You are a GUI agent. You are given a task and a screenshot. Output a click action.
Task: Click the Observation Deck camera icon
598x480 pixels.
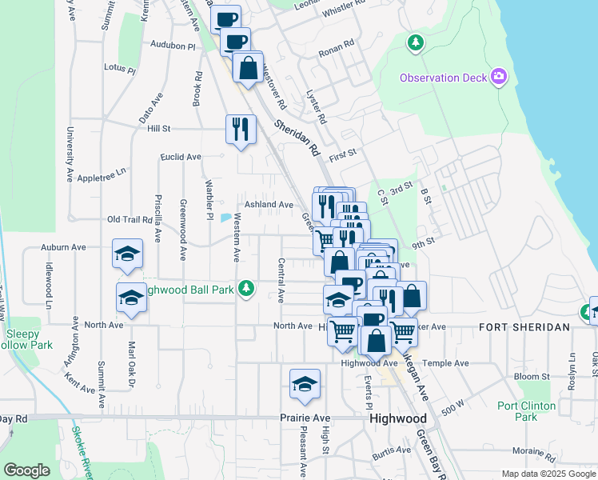point(500,77)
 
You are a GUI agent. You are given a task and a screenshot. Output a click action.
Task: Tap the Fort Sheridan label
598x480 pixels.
point(524,327)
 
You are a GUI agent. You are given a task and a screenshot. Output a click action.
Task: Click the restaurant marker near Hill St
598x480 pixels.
point(241,128)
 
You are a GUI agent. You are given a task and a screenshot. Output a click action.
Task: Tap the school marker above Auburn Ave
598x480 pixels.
point(127,254)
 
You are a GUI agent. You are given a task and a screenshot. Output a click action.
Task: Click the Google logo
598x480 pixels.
point(26,470)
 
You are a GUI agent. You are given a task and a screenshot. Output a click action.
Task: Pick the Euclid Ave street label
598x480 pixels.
point(180,157)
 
